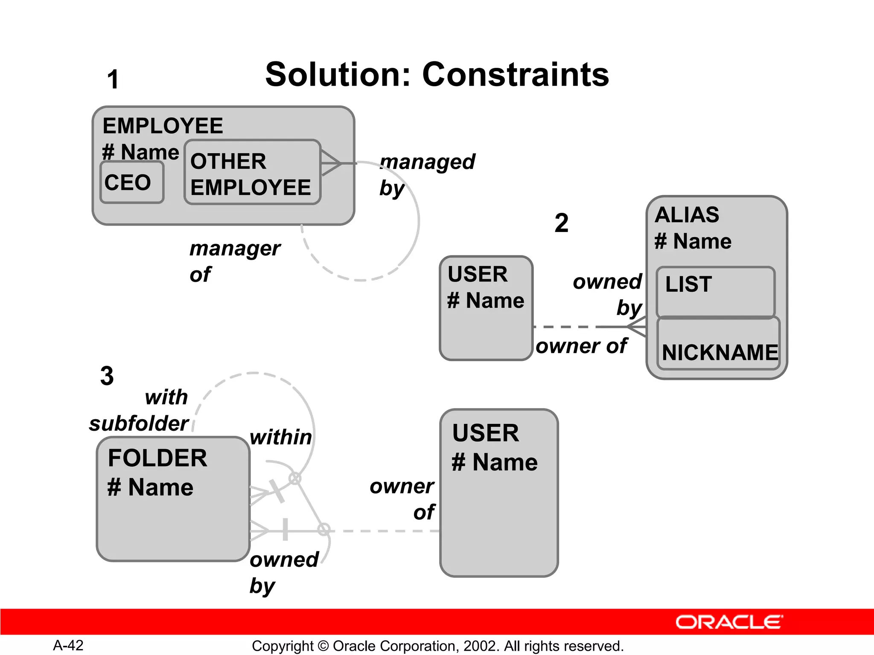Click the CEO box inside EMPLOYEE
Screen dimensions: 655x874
131,183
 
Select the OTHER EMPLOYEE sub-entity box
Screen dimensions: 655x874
252,173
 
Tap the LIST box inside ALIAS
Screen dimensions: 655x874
715,292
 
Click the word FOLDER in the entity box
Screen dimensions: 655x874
157,458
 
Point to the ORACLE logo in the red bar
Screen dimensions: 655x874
729,622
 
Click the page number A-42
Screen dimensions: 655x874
68,645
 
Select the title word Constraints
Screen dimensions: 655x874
515,75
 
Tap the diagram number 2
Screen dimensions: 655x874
561,223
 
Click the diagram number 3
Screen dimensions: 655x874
107,376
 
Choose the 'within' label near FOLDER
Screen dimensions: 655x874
281,437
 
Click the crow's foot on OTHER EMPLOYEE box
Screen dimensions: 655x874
331,163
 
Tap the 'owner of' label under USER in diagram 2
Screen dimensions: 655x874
581,346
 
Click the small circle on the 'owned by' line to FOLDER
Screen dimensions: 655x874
324,530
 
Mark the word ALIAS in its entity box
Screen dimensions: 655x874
687,214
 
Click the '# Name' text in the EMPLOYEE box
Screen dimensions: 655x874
140,152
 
